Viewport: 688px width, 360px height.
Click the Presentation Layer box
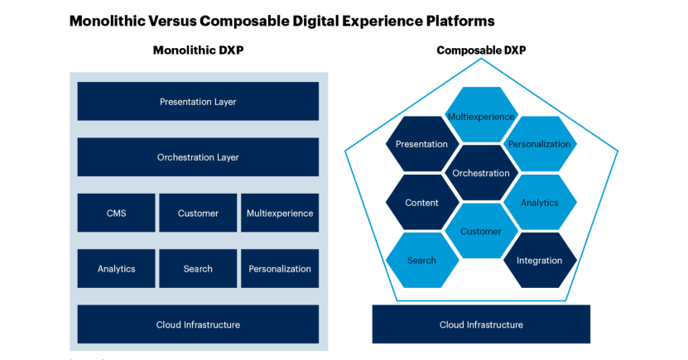point(198,102)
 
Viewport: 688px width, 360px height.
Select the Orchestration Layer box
point(198,157)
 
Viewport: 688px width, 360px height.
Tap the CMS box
point(116,213)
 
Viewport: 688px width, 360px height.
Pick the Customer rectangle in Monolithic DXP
point(198,213)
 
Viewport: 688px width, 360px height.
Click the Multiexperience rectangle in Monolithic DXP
point(280,213)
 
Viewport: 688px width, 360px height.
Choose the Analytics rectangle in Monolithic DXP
point(116,268)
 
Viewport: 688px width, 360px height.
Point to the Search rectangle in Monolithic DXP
point(198,268)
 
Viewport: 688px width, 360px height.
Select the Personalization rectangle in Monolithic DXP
point(280,268)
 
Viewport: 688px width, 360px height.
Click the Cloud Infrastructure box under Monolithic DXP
point(198,324)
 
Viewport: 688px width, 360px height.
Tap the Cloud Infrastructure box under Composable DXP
point(481,324)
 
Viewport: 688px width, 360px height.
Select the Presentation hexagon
point(421,144)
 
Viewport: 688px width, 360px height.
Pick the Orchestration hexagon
point(481,173)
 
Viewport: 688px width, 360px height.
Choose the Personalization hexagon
point(540,144)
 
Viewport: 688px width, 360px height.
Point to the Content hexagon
point(421,202)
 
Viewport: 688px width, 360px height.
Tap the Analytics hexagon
point(540,202)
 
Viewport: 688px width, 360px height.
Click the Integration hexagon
point(540,261)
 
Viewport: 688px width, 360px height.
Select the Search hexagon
point(421,261)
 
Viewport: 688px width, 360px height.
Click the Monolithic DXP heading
point(198,50)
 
